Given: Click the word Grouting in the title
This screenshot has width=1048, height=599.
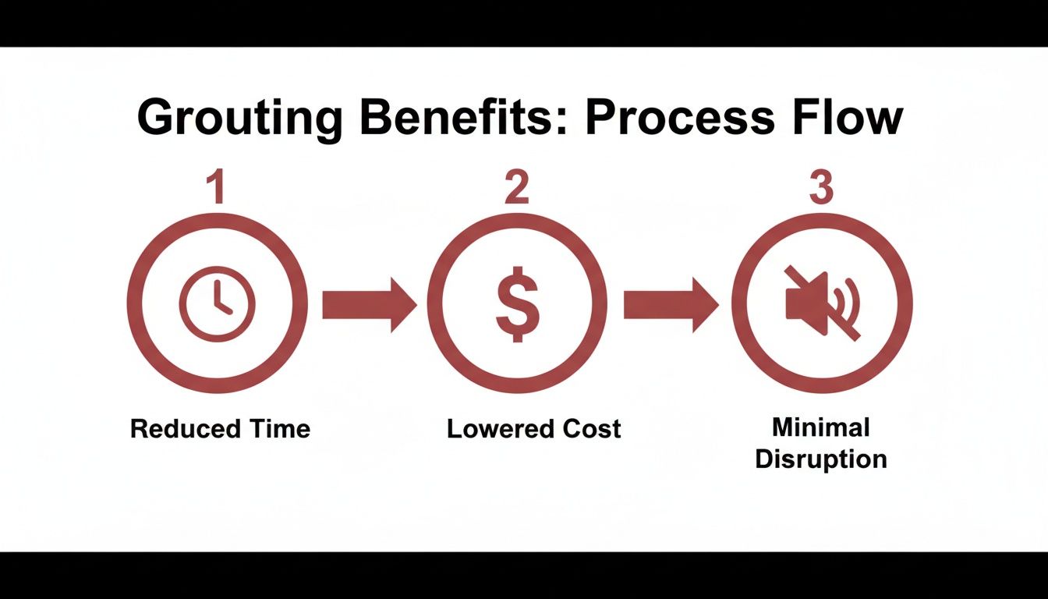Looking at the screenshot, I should coord(239,119).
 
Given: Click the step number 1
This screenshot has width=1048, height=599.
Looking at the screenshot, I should coord(218,188).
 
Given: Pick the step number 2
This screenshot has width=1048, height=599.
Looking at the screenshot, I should coord(516,188).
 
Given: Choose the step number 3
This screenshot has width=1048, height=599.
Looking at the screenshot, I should coord(820,188).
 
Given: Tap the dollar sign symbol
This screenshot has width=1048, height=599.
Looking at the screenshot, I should coord(517,304).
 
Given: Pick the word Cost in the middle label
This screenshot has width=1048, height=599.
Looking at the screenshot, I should coord(593,428).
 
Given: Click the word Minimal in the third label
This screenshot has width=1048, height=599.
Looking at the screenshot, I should coord(820,427).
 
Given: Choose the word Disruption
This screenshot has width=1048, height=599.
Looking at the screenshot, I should coord(820,459).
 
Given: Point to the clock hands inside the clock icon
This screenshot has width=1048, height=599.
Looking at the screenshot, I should coord(221,300).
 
